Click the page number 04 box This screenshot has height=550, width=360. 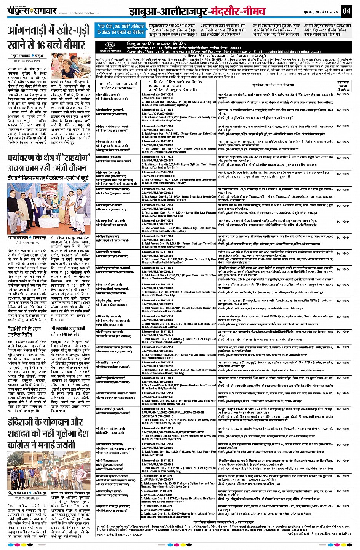tap(346, 11)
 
